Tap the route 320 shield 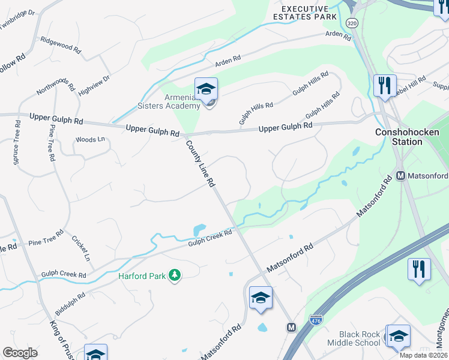click(x=352, y=23)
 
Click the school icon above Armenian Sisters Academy click(x=206, y=89)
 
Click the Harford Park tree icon click(x=174, y=275)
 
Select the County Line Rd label click(x=200, y=163)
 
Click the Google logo click(x=20, y=353)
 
